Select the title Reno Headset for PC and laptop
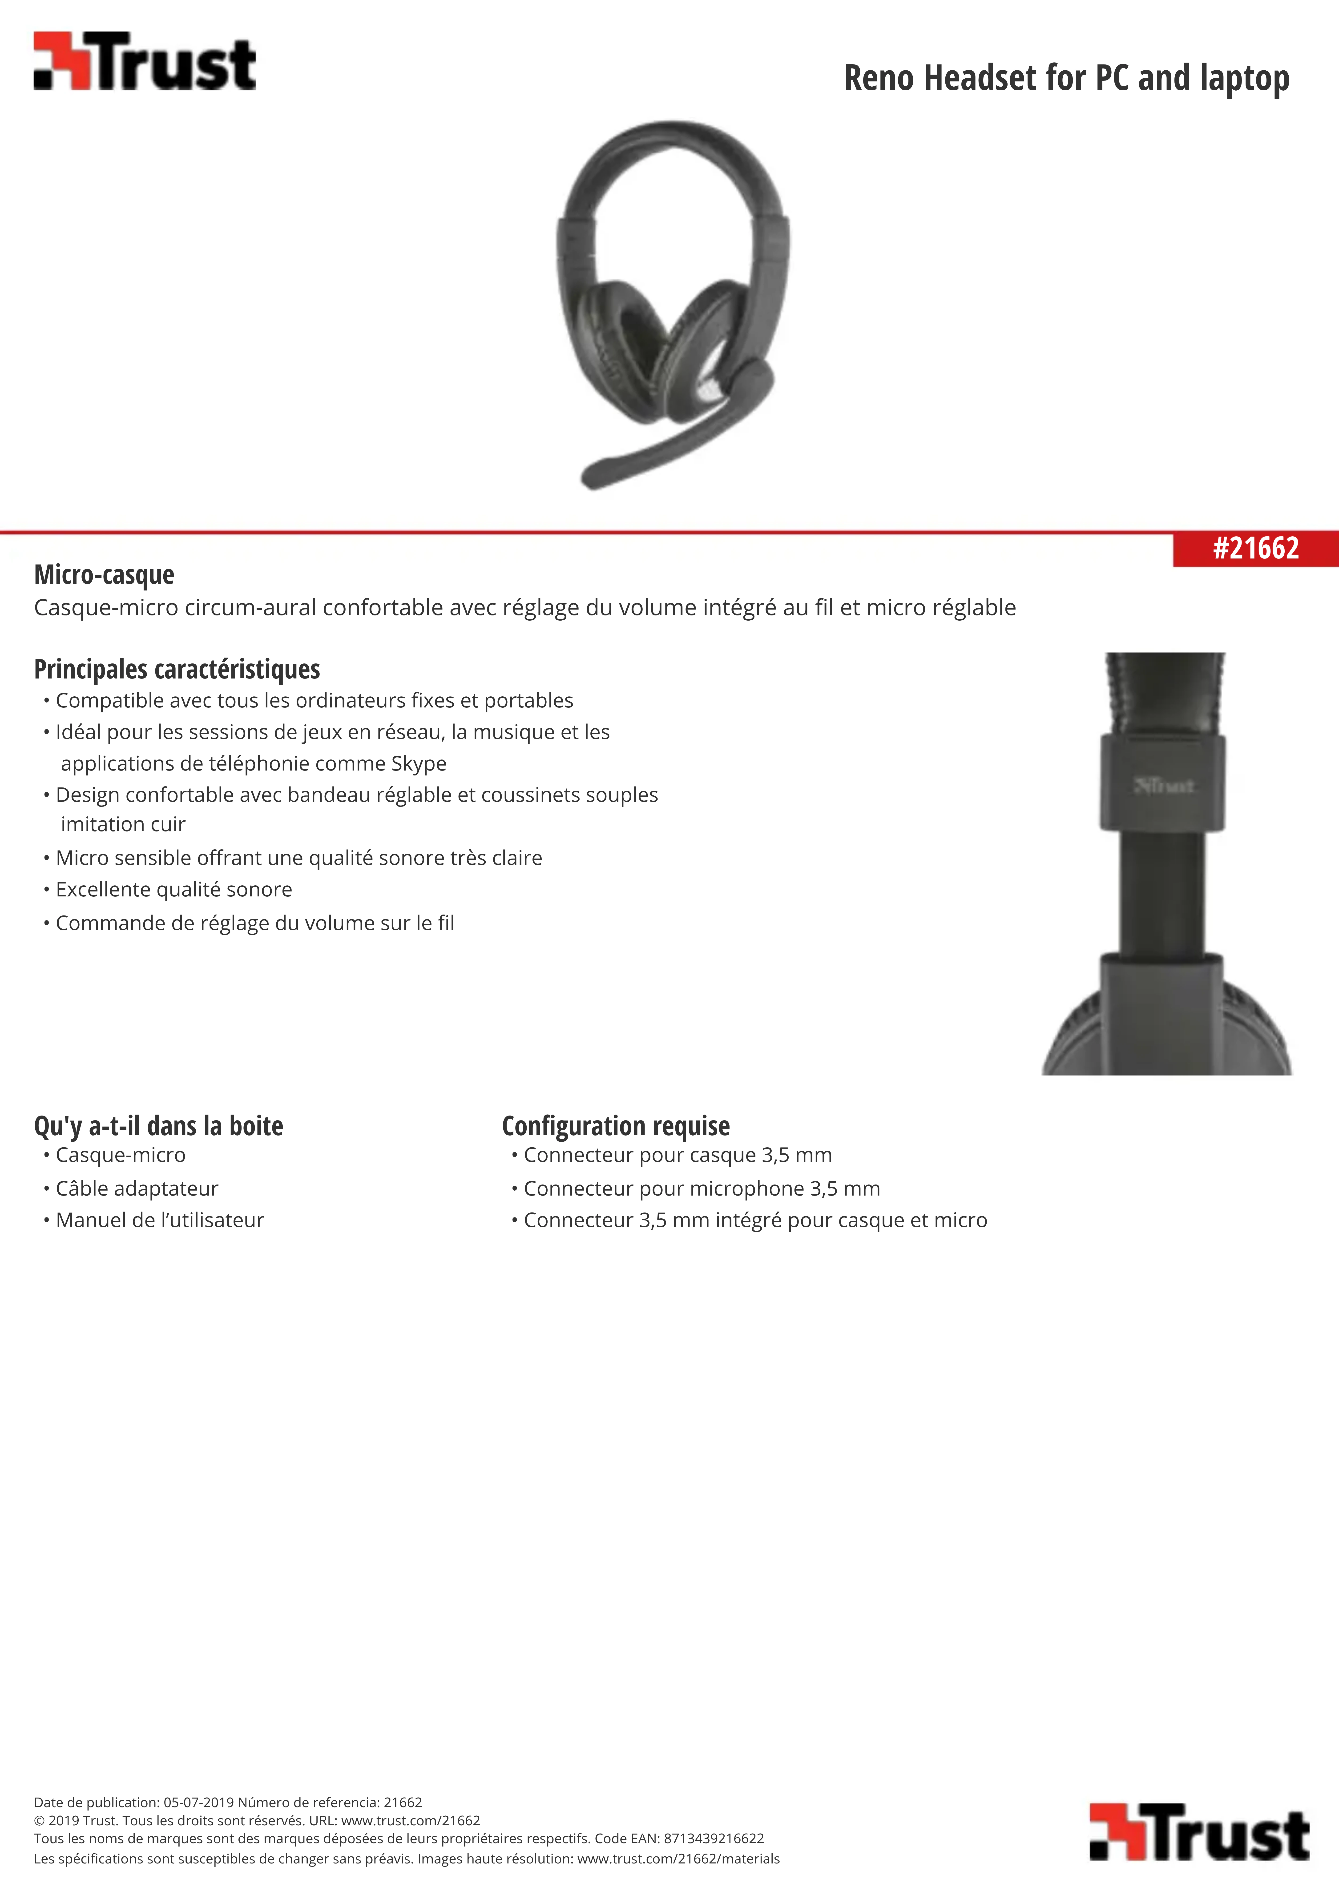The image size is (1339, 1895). [1066, 78]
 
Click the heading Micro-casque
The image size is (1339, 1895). [104, 574]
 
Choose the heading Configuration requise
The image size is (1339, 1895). [616, 1126]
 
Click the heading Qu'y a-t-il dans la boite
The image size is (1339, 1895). [158, 1126]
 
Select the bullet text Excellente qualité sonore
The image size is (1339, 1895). [173, 890]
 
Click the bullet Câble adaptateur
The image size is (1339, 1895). [137, 1188]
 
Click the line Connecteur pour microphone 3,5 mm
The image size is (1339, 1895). [702, 1188]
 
